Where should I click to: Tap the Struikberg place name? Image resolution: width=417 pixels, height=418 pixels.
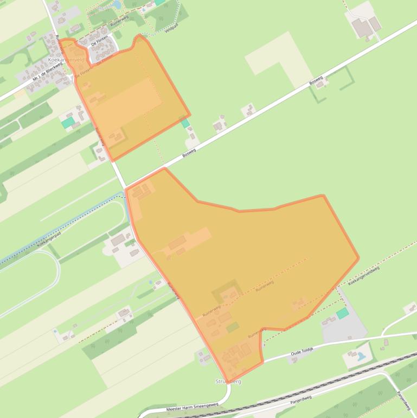(228, 382)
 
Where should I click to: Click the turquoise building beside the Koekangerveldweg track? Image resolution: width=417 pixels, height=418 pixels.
(342, 313)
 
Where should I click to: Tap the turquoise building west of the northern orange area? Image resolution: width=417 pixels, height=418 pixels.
(68, 123)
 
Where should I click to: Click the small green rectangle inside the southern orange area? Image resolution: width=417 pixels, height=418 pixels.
(233, 327)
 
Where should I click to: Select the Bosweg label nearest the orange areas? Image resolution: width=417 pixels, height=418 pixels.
(189, 147)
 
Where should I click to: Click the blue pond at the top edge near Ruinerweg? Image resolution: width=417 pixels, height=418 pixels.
(117, 5)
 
